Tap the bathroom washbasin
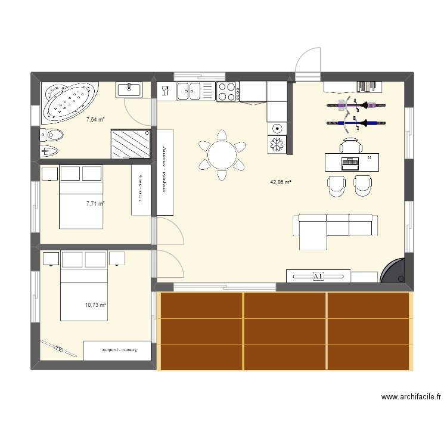tap(129, 89)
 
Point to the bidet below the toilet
tap(50, 150)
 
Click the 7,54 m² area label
tap(95, 120)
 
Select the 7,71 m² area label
tap(95, 203)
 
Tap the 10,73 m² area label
tap(95, 305)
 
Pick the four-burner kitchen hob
tap(226, 92)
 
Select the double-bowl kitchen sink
tap(195, 91)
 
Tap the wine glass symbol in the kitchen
tap(165, 91)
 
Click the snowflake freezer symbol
tap(277, 144)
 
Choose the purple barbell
tap(354, 107)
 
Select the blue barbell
tap(354, 124)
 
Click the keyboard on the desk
tap(350, 161)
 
